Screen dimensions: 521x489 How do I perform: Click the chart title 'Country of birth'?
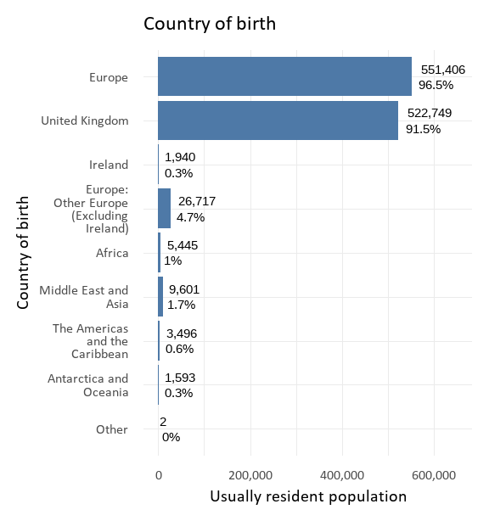point(209,24)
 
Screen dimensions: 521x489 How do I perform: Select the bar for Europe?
point(284,76)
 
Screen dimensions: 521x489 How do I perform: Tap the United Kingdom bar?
point(278,120)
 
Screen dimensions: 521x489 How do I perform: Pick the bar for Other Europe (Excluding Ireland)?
point(164,209)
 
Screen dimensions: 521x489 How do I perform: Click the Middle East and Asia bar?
point(160,297)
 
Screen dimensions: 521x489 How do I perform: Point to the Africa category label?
point(112,253)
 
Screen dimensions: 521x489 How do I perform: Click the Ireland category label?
point(109,165)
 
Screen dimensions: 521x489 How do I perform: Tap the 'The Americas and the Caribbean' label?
point(90,341)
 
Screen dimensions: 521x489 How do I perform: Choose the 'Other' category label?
point(112,429)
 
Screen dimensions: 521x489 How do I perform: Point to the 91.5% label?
point(423,129)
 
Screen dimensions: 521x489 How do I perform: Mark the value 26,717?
point(196,201)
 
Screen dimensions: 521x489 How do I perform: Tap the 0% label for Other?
point(171,437)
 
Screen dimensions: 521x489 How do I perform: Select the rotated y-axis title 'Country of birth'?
point(24,253)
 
